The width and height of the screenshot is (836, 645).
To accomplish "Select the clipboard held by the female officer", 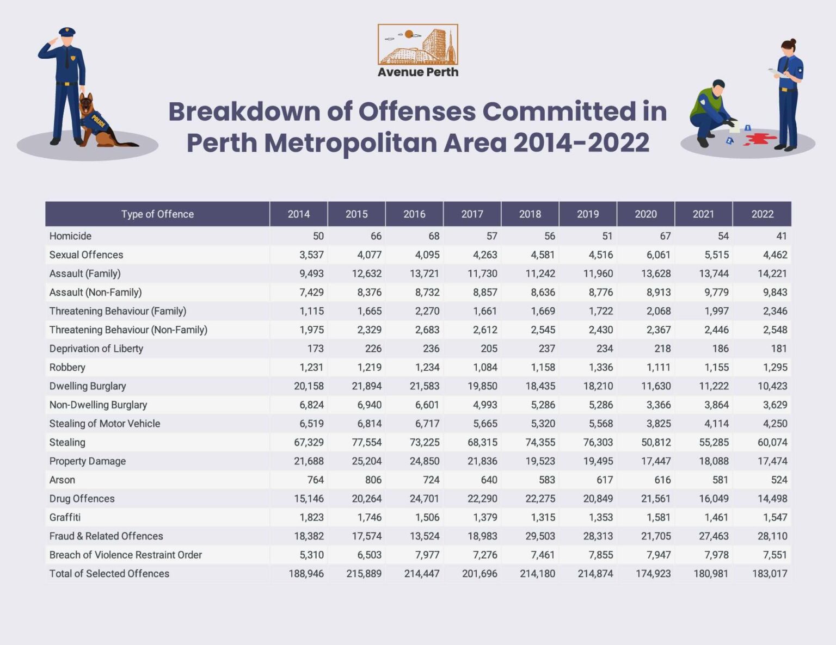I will (x=775, y=72).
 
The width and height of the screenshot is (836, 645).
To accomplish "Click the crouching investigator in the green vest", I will (x=710, y=111).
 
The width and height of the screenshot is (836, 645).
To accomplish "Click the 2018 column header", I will (x=530, y=214).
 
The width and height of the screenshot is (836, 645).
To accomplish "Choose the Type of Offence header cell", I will (x=157, y=214).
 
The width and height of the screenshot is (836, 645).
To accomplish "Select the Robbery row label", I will (x=67, y=367).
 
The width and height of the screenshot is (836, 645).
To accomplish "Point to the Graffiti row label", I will (x=65, y=517).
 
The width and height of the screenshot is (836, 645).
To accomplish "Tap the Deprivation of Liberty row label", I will (x=96, y=349).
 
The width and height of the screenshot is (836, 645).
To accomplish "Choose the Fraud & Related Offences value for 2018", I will (x=540, y=536).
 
